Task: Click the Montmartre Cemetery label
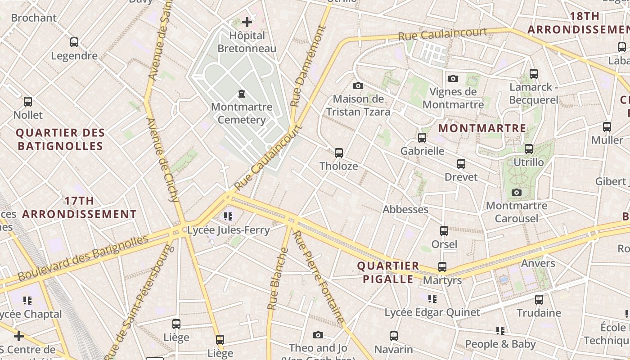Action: pyautogui.click(x=242, y=113)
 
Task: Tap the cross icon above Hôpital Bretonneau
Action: pyautogui.click(x=247, y=22)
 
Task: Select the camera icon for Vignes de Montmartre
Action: pyautogui.click(x=453, y=79)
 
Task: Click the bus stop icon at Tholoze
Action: pyautogui.click(x=339, y=153)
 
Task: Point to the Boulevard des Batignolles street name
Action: pyautogui.click(x=83, y=257)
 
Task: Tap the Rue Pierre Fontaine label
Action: pyautogui.click(x=319, y=277)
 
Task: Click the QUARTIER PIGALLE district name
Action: pyautogui.click(x=388, y=272)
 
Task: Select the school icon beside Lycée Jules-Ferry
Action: pyautogui.click(x=228, y=216)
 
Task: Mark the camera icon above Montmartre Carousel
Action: pyautogui.click(x=517, y=193)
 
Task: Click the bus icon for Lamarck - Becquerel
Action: pyautogui.click(x=534, y=73)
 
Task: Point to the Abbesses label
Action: pyautogui.click(x=405, y=209)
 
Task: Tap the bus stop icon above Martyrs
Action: pyautogui.click(x=442, y=267)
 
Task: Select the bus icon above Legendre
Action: pyautogui.click(x=74, y=42)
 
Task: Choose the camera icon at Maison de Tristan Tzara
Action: pyautogui.click(x=358, y=85)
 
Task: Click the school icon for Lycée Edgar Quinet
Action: pyautogui.click(x=432, y=299)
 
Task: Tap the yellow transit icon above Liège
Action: pyautogui.click(x=220, y=340)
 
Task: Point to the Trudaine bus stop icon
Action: pyautogui.click(x=539, y=300)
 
